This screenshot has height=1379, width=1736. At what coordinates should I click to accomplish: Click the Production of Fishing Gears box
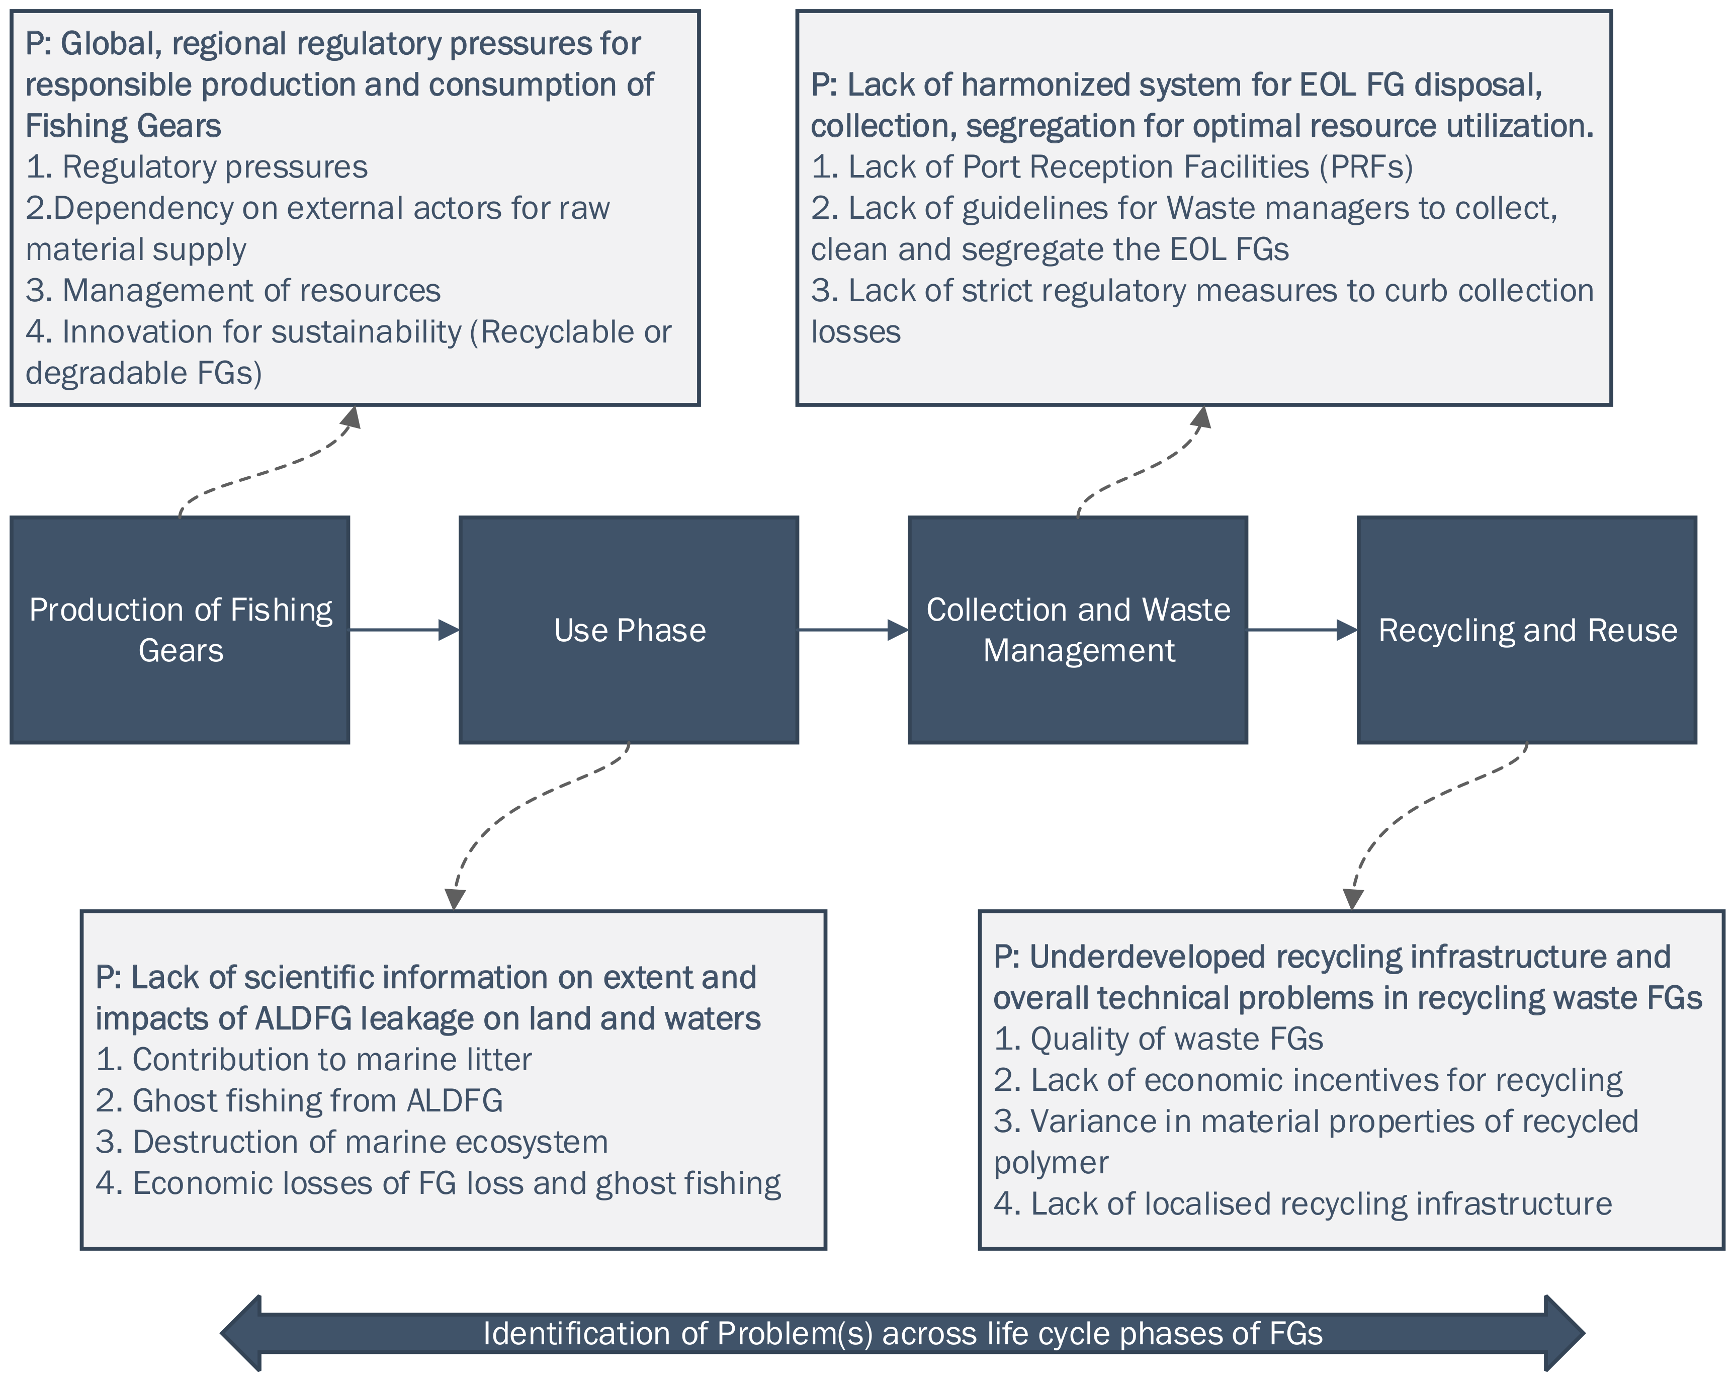click(x=180, y=630)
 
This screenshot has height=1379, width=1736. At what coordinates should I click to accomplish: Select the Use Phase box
click(x=629, y=630)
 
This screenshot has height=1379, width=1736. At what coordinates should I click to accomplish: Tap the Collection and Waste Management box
click(x=1077, y=630)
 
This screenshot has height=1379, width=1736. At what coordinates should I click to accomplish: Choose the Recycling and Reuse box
click(x=1527, y=630)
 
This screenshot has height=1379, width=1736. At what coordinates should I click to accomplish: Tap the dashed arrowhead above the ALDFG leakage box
click(x=456, y=898)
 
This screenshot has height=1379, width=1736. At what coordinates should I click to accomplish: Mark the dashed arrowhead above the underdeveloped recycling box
click(x=1353, y=898)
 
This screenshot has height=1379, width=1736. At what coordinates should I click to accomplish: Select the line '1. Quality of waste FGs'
click(x=1158, y=1039)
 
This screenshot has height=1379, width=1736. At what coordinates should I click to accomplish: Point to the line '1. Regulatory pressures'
click(x=197, y=166)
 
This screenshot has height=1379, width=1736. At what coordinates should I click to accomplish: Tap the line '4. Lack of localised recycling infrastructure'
click(x=1303, y=1203)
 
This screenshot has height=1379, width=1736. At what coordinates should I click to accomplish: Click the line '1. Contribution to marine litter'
click(x=313, y=1060)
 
